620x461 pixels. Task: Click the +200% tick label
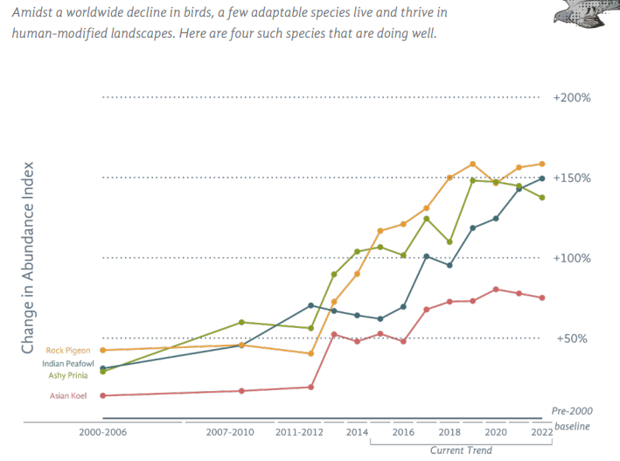(x=572, y=97)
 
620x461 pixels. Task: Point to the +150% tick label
(x=572, y=178)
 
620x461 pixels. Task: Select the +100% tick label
(x=572, y=258)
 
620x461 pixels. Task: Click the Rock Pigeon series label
(x=69, y=351)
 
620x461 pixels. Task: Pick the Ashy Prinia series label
(x=68, y=375)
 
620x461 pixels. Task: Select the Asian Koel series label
(x=69, y=396)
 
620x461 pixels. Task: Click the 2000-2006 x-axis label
(x=103, y=432)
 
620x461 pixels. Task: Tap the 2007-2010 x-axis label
(x=230, y=432)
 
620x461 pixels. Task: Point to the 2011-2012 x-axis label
(x=299, y=432)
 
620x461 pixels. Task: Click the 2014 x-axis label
(x=357, y=432)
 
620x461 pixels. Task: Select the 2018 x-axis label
(x=449, y=432)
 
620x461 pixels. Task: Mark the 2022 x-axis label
(x=540, y=432)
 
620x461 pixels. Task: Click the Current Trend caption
(x=461, y=451)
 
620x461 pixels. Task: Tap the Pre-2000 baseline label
(x=571, y=418)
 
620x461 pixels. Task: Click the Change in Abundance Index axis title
(x=28, y=257)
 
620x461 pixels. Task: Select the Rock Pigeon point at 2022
(x=541, y=164)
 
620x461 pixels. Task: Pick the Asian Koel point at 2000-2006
(x=103, y=395)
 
